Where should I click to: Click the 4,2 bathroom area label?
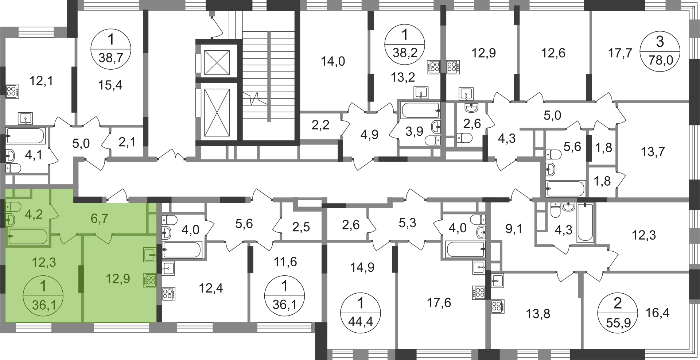point(34,214)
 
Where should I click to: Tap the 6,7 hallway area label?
point(100,218)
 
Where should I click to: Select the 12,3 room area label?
point(44,262)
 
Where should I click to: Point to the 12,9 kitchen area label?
point(118,279)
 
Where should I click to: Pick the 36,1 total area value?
point(44,305)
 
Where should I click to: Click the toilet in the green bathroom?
point(13,208)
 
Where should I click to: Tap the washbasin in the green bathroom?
point(11,220)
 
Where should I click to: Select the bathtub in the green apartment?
point(28,237)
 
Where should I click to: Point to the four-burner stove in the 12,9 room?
point(151,281)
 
